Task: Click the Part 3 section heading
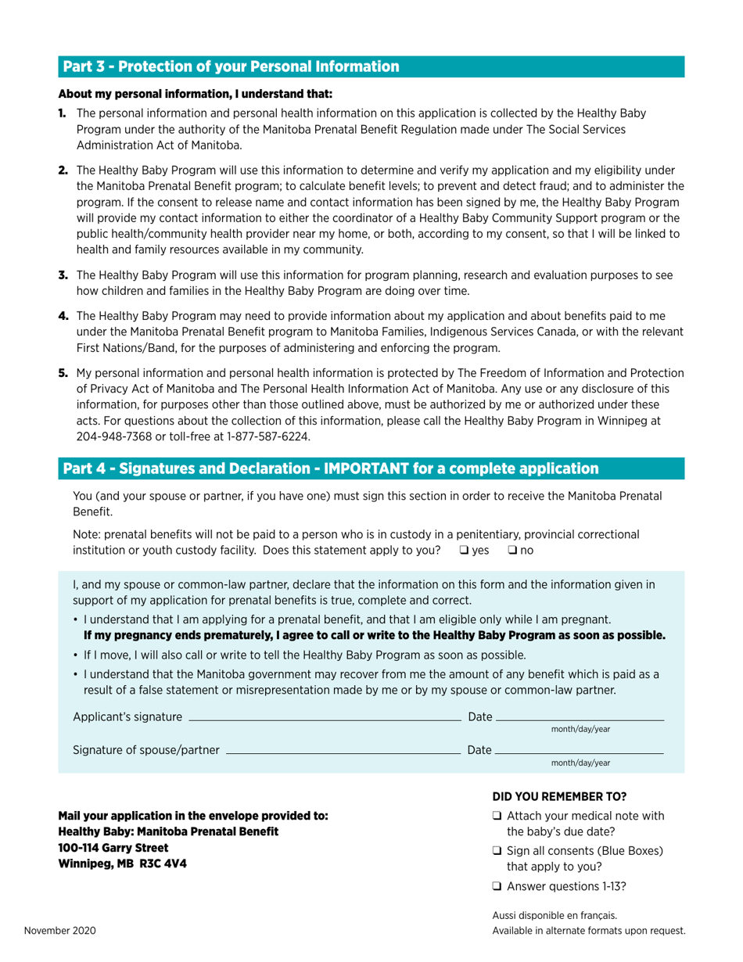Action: pyautogui.click(x=231, y=66)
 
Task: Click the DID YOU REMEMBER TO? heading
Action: pyautogui.click(x=559, y=796)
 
